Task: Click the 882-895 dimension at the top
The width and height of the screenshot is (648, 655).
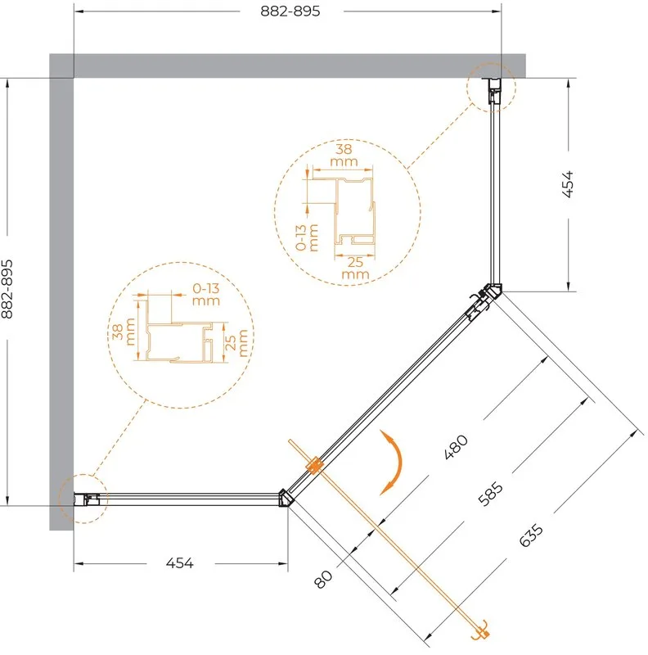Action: [290, 11]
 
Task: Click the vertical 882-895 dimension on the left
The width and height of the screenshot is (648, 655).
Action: [7, 289]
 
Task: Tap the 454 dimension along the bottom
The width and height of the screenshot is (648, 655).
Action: [179, 562]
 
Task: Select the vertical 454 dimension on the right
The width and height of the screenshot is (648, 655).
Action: [568, 183]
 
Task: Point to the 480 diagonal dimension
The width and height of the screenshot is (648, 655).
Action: [456, 446]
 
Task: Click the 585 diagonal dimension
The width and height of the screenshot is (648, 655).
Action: [490, 494]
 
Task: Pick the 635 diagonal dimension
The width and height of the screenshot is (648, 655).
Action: [531, 535]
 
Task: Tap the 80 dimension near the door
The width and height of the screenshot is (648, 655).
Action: [323, 579]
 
